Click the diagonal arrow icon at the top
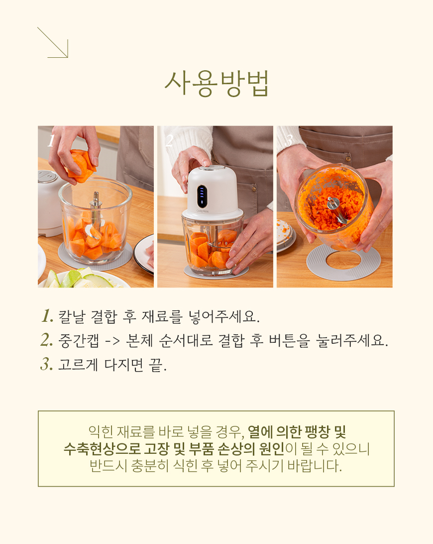click(53, 43)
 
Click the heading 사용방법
click(216, 84)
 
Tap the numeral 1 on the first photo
click(51, 141)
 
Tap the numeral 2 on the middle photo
click(169, 140)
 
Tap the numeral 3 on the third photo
click(289, 140)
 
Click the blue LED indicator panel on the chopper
click(202, 196)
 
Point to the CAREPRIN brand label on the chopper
click(203, 211)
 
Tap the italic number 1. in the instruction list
click(47, 316)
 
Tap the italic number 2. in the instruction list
click(47, 340)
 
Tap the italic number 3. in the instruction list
click(47, 364)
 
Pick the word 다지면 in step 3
click(123, 365)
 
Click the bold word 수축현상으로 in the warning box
click(102, 448)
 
